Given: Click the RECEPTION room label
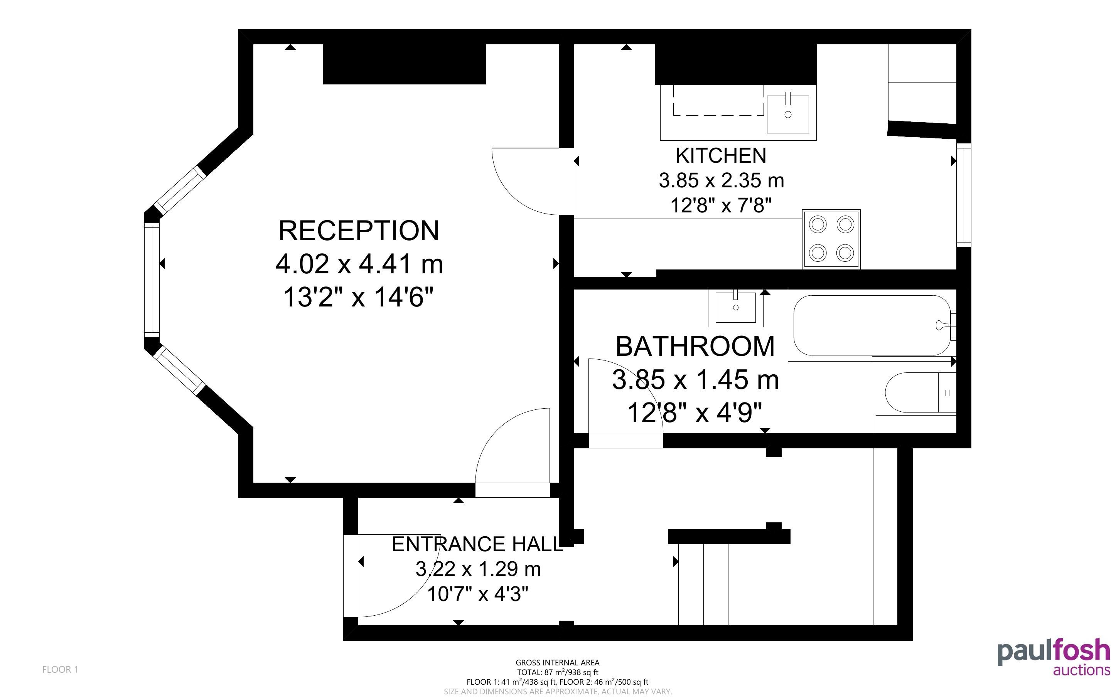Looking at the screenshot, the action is click(359, 231).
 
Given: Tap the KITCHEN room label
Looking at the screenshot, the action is click(721, 155).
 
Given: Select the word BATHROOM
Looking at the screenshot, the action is click(695, 346).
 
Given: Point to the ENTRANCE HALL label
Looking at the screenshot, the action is click(477, 544).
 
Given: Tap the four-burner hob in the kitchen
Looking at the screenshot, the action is click(831, 238).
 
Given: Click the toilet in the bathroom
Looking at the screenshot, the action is click(920, 393).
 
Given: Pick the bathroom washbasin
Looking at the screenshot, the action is click(736, 307).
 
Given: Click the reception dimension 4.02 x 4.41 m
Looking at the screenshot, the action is click(359, 264).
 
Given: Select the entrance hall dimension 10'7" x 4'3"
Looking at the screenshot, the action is click(477, 594).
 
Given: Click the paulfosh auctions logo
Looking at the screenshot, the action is click(1054, 657).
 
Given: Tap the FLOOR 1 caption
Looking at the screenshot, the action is click(61, 669).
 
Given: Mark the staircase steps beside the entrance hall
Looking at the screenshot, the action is click(703, 584).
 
